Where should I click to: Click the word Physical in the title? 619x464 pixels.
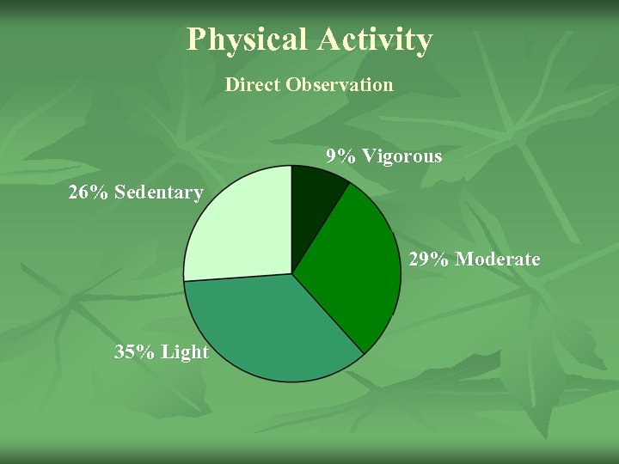(247, 40)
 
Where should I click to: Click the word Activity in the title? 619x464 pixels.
(374, 40)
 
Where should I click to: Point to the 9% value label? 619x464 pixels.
(341, 156)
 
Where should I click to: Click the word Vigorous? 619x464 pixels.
(401, 156)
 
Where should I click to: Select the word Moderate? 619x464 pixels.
(498, 259)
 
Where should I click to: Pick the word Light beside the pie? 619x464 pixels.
(184, 351)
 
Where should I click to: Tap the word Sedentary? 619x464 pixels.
(158, 192)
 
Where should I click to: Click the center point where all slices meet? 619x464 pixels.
(292, 274)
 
